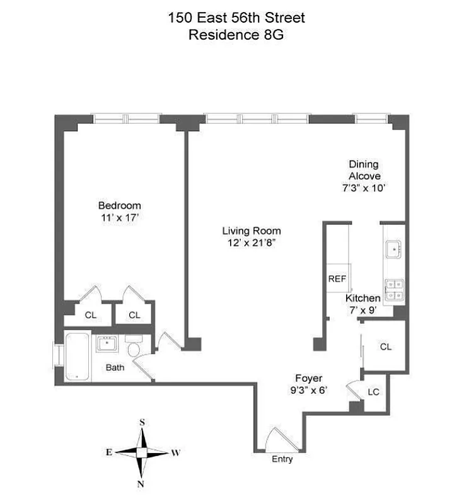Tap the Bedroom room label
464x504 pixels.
click(x=119, y=205)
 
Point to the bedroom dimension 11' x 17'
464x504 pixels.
click(x=119, y=217)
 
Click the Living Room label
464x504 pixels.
click(x=251, y=231)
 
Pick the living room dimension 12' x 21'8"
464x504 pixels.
click(x=251, y=243)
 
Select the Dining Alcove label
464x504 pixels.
click(x=359, y=170)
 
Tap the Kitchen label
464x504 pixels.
click(x=362, y=298)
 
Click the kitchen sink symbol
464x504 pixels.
click(x=395, y=250)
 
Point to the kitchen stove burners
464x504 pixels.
click(x=395, y=289)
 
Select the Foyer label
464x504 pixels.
click(x=309, y=379)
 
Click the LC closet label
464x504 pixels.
click(x=373, y=392)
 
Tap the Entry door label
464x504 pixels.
click(x=282, y=459)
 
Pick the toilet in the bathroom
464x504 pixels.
click(x=134, y=348)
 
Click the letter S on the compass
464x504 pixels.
click(x=143, y=422)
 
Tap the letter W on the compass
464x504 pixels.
click(x=177, y=452)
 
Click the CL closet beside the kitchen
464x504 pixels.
click(x=386, y=346)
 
